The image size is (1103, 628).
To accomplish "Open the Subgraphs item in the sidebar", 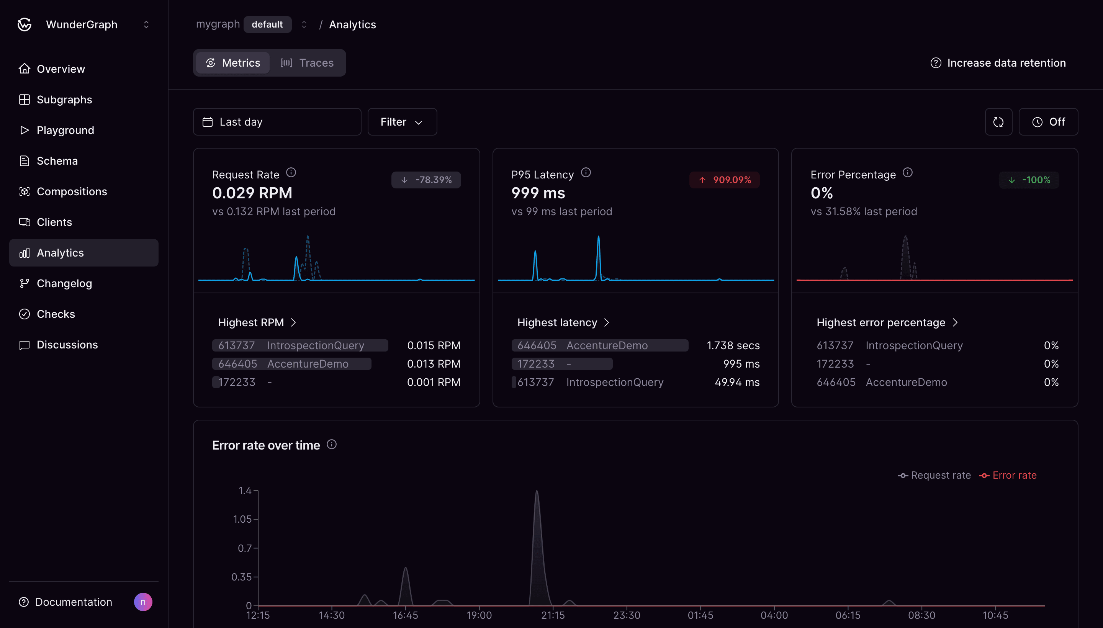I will pos(64,100).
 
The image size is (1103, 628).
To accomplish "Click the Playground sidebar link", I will pos(65,130).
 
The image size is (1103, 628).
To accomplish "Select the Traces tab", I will pos(307,63).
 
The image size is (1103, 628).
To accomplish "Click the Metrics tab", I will pos(233,63).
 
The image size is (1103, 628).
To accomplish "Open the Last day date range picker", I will pos(277,122).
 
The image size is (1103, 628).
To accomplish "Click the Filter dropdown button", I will pos(402,122).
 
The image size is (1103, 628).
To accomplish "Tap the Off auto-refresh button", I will pos(1048,122).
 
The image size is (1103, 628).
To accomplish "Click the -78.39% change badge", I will pos(426,180).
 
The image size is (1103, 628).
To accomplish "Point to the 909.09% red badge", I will pos(724,180).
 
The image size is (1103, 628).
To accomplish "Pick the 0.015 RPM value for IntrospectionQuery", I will pos(433,345).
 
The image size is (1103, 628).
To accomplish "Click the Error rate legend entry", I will pos(1014,475).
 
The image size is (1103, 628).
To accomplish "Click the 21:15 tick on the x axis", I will pos(553,615).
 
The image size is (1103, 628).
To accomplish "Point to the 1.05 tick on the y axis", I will pos(242,519).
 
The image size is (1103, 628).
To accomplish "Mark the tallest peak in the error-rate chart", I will pos(537,492).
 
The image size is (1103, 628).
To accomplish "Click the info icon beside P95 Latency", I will pos(585,173).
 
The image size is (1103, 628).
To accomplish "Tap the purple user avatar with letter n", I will pos(143,602).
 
